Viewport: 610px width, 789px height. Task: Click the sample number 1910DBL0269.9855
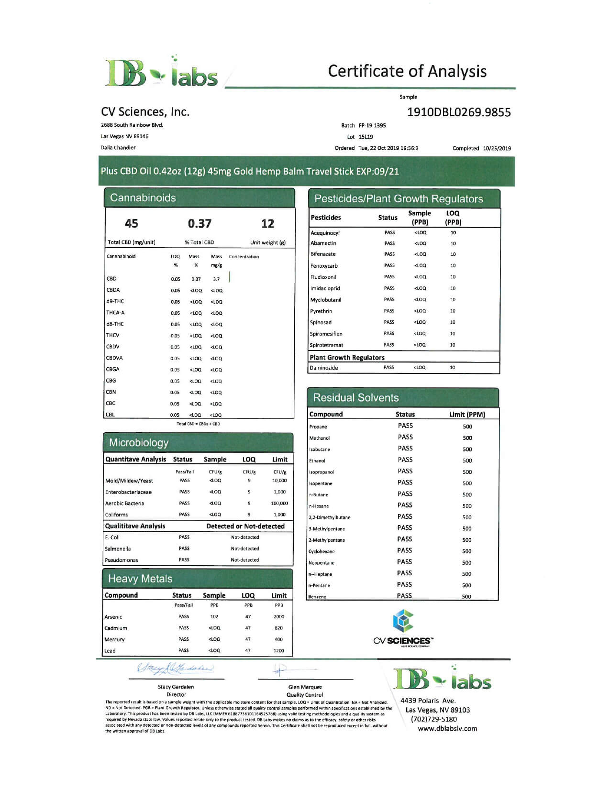(x=458, y=112)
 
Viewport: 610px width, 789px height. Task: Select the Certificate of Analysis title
(x=407, y=71)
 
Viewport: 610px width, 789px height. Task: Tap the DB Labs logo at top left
(x=161, y=73)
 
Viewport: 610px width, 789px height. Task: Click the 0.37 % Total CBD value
(x=200, y=224)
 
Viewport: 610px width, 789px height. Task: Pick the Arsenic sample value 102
(x=214, y=617)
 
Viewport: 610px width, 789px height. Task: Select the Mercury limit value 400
(x=278, y=639)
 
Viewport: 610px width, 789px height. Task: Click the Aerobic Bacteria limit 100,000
(x=279, y=503)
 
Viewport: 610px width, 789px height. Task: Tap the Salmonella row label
(x=118, y=549)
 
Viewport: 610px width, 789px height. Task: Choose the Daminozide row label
(x=324, y=368)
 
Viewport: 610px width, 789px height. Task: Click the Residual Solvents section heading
(x=355, y=398)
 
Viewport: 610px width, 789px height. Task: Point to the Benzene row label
(x=317, y=597)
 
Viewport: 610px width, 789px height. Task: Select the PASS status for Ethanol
(x=405, y=460)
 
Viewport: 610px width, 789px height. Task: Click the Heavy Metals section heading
(x=140, y=579)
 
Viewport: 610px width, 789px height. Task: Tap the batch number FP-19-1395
(x=372, y=126)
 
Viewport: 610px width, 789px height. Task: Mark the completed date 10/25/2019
(x=497, y=148)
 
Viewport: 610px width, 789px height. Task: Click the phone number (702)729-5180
(x=433, y=719)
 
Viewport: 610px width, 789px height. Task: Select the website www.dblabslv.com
(x=447, y=729)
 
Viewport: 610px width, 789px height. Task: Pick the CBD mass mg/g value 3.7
(x=216, y=279)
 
